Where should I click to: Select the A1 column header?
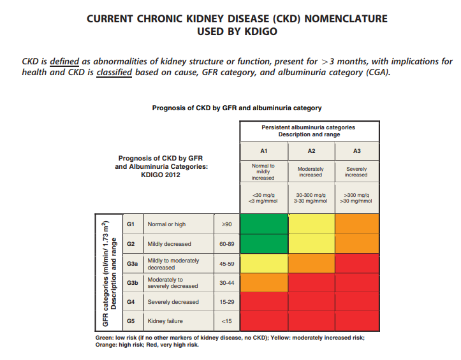pos(263,151)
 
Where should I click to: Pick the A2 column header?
pos(311,151)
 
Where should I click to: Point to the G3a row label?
pos(132,264)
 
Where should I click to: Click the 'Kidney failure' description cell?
pos(165,321)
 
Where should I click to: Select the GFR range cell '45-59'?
pos(226,264)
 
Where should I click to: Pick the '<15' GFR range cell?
pos(226,321)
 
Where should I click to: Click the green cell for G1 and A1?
pos(263,224)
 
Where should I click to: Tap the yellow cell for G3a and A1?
pos(263,264)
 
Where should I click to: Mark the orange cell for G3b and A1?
pos(263,282)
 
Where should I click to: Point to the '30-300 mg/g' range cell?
pos(311,194)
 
